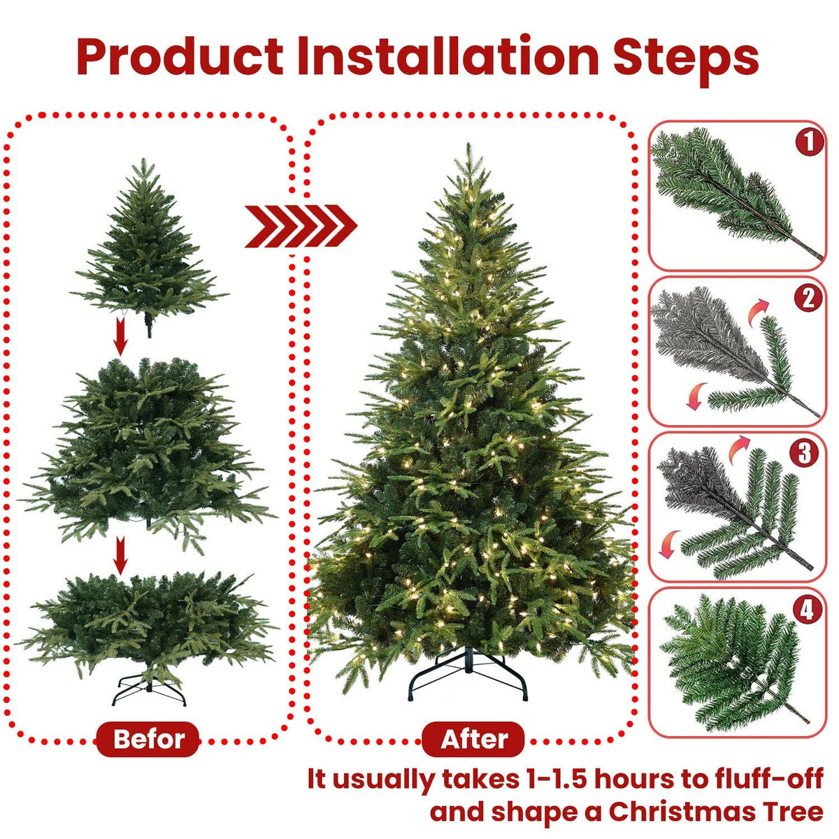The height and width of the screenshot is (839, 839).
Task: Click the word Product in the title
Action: [180, 57]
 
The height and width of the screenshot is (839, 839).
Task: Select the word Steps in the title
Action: [686, 57]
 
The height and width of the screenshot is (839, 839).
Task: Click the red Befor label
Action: [148, 738]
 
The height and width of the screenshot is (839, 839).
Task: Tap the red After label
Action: [474, 738]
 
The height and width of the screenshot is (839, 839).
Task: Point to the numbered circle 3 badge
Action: [804, 452]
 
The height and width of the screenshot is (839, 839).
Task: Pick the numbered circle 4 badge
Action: [807, 610]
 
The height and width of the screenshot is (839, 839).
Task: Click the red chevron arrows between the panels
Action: [301, 226]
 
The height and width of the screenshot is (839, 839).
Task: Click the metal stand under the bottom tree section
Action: [149, 693]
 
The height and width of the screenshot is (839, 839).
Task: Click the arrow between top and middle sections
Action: [121, 336]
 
